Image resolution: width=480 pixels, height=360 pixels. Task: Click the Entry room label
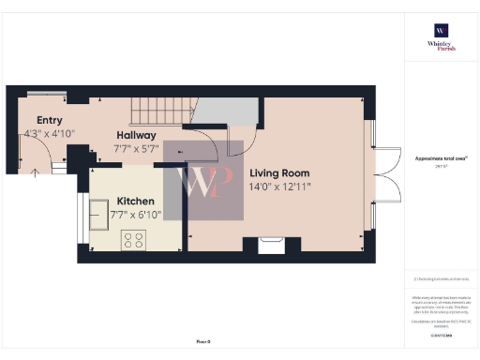50,120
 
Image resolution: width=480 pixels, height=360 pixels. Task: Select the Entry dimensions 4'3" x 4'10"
50,134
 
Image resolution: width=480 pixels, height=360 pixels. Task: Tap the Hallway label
135,135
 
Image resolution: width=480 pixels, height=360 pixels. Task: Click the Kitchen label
135,201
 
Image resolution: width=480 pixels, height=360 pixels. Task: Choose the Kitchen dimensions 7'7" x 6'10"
135,215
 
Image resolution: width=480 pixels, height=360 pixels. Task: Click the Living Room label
278,173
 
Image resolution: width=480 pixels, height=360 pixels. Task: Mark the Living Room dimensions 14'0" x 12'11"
278,187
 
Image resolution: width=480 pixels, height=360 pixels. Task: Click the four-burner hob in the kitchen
133,240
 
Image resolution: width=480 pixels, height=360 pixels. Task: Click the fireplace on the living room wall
272,245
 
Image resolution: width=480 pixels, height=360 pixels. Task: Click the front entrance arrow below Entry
36,173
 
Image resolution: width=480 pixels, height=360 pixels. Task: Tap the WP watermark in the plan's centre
203,180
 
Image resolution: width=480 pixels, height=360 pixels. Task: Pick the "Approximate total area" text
441,159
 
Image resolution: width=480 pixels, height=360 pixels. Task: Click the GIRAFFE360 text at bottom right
441,335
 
